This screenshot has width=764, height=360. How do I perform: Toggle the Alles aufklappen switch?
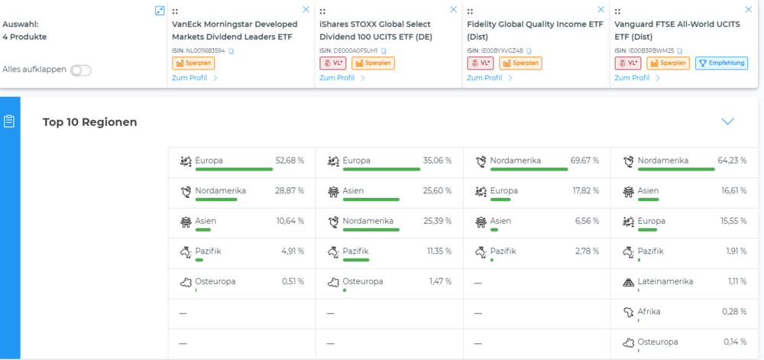(x=80, y=70)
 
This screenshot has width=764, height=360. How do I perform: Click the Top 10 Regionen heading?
(x=90, y=122)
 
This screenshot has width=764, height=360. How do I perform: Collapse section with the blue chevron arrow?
(x=727, y=122)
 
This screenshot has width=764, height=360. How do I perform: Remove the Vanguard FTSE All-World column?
(x=748, y=10)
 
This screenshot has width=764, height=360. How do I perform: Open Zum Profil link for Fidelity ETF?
(x=487, y=78)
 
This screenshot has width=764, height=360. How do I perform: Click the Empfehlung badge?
(x=721, y=63)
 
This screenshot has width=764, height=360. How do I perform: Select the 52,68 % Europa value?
(x=290, y=161)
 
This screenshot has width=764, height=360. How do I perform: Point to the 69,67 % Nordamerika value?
(x=584, y=161)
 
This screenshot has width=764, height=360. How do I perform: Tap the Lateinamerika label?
(x=665, y=281)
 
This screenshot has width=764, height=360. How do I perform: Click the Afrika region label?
(x=650, y=311)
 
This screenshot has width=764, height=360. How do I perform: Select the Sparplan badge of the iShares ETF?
(x=373, y=63)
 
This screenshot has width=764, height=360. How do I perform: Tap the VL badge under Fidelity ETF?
(x=480, y=63)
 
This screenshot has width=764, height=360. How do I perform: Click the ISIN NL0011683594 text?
(x=199, y=50)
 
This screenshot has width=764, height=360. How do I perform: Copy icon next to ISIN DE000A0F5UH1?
(x=384, y=50)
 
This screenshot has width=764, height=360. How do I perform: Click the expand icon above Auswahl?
(x=159, y=11)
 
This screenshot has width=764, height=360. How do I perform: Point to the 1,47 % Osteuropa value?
(x=439, y=281)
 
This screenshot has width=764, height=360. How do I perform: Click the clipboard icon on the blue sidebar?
(x=9, y=122)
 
